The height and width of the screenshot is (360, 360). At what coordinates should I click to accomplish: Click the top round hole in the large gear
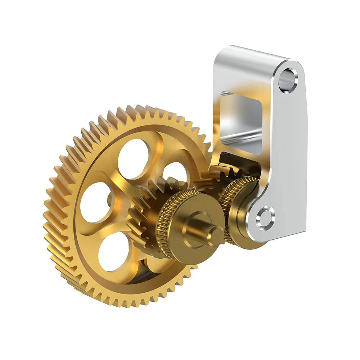(133, 158)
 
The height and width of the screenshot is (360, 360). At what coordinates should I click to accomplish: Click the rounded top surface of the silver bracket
(252, 54)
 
